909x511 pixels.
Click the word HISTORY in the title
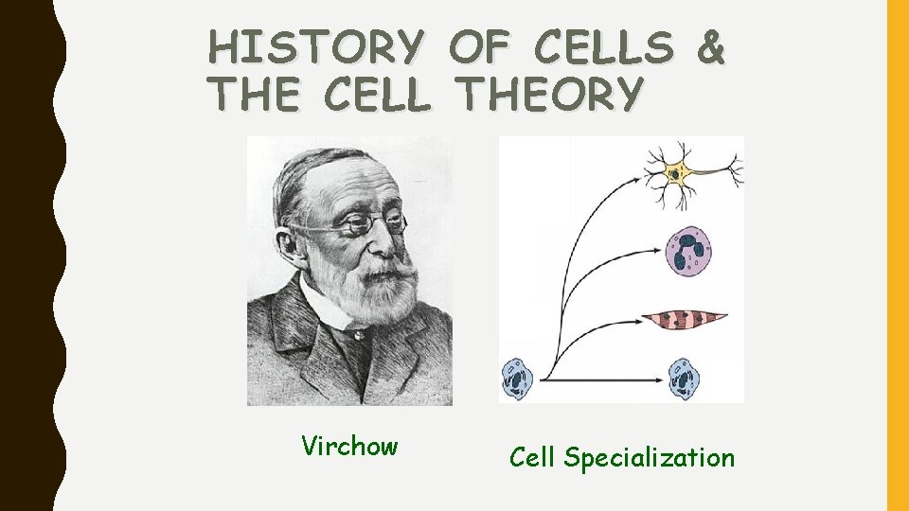(x=315, y=46)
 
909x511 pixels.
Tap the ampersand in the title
(x=709, y=46)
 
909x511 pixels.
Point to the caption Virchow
(x=349, y=446)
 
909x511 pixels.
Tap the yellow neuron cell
(x=677, y=173)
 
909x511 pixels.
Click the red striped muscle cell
(x=684, y=321)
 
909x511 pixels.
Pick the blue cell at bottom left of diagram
(x=517, y=379)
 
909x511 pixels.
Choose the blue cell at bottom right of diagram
(x=684, y=379)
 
